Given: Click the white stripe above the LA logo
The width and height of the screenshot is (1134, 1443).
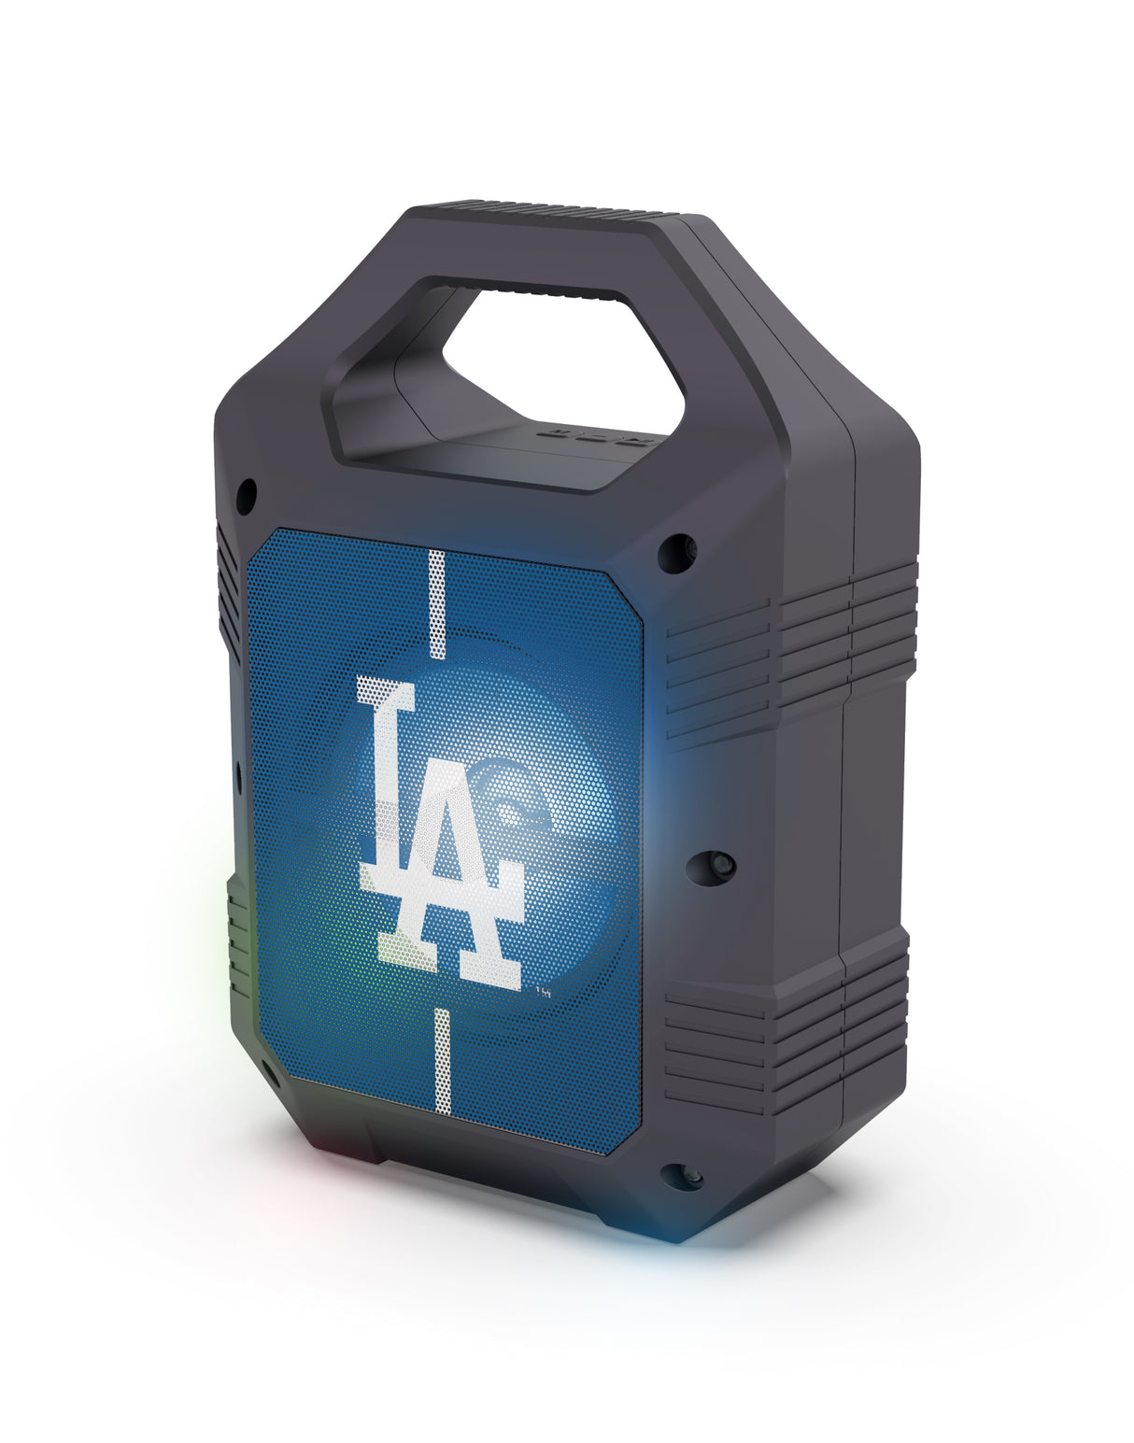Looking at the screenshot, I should tap(436, 604).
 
